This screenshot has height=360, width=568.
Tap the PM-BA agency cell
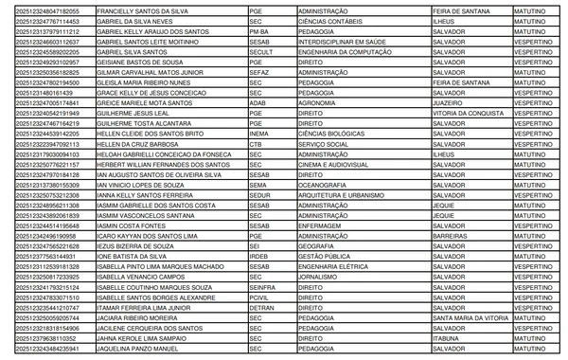point(257,31)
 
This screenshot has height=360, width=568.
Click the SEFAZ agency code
point(258,73)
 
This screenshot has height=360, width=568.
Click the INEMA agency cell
point(259,159)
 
